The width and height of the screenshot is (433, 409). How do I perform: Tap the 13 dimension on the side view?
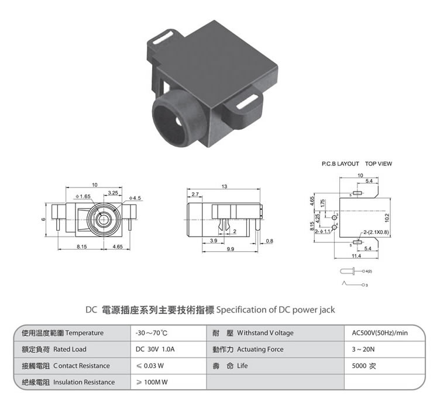(225, 187)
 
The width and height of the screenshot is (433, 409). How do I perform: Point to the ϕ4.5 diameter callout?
(135, 198)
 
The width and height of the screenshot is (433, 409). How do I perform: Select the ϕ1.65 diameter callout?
(83, 196)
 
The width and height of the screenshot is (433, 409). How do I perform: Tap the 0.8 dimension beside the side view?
(269, 241)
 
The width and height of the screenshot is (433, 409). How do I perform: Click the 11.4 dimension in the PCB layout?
(356, 255)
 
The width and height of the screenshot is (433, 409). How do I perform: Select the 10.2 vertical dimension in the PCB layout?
(387, 217)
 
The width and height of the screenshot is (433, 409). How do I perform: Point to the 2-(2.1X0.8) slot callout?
(375, 232)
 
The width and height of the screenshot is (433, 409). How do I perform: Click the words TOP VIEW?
(378, 164)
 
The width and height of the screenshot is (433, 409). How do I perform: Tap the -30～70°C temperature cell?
(152, 333)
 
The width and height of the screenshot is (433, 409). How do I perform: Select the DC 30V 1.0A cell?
(154, 349)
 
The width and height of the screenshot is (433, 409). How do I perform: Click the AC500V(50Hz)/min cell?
(379, 333)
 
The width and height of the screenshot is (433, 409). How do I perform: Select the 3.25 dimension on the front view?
(113, 192)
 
